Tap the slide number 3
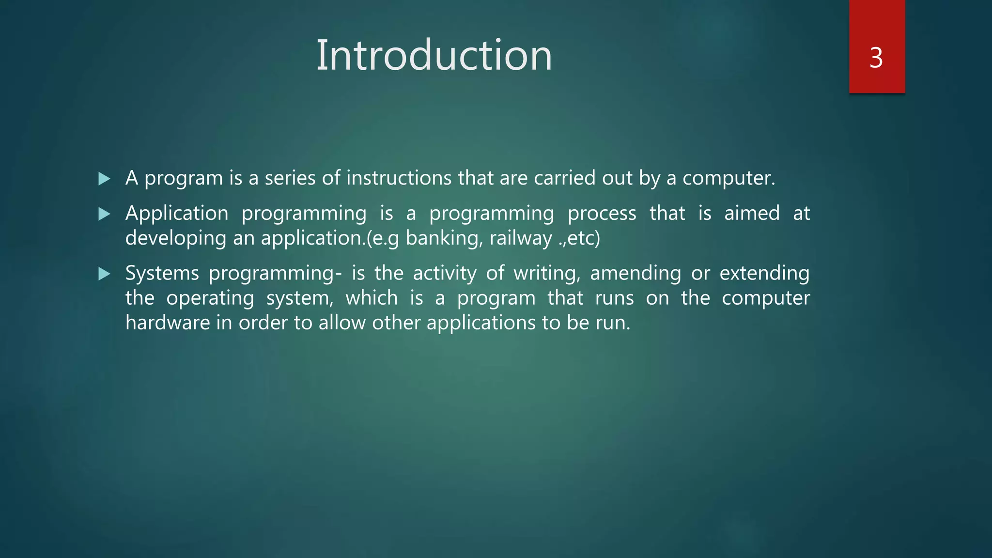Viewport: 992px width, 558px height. [876, 58]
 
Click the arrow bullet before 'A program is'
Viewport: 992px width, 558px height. [104, 179]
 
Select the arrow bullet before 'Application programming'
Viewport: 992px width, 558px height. [104, 214]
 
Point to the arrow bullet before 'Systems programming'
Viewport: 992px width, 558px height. [104, 274]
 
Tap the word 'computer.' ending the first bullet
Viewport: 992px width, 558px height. [728, 178]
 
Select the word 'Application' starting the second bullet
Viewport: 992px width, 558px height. [177, 214]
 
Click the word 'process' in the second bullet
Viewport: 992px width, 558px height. [602, 214]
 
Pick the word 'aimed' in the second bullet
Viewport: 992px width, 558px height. [752, 214]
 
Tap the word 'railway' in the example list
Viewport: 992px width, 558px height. [520, 238]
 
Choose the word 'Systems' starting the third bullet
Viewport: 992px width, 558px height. [162, 274]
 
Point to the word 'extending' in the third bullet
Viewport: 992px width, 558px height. [764, 274]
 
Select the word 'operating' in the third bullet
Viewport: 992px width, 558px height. [210, 298]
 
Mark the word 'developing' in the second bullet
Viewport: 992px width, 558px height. [175, 238]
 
